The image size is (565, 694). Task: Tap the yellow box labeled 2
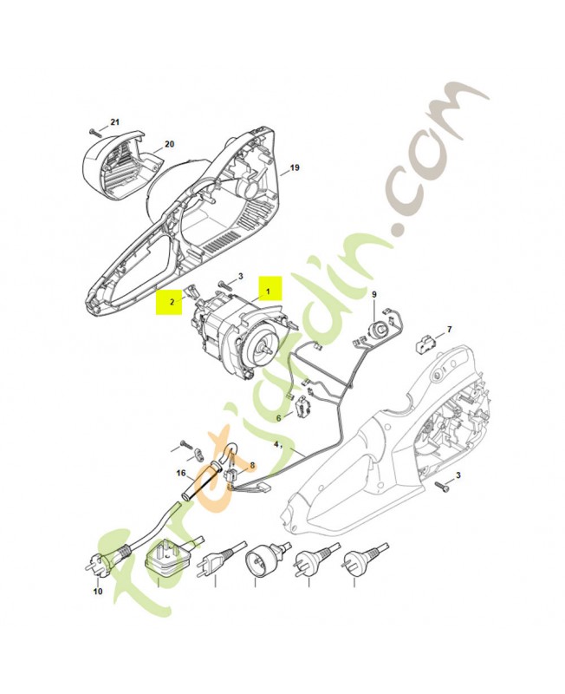[x=172, y=302]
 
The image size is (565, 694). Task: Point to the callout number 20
[x=169, y=144]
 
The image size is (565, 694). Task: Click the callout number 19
[x=294, y=167]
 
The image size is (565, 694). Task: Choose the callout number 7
[x=448, y=330]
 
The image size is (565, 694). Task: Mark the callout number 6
[x=278, y=418]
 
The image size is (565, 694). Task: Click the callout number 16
[x=181, y=474]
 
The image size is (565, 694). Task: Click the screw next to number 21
[x=94, y=130]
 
